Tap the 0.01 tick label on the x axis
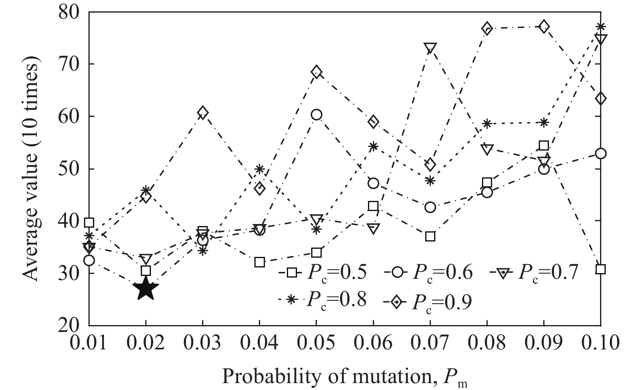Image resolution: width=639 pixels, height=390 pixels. pyautogui.click(x=88, y=343)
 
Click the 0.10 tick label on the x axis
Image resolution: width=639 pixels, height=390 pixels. pyautogui.click(x=600, y=343)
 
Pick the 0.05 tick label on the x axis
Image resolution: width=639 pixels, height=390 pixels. pyautogui.click(x=316, y=343)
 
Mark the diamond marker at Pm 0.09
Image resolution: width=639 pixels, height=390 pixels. pyautogui.click(x=544, y=27)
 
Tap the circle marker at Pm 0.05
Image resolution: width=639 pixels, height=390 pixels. pyautogui.click(x=316, y=115)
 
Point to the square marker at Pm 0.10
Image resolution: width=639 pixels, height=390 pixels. pyautogui.click(x=600, y=269)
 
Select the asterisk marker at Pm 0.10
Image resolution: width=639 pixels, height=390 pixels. pyautogui.click(x=600, y=27)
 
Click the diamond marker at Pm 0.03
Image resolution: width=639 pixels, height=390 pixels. pyautogui.click(x=203, y=113)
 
